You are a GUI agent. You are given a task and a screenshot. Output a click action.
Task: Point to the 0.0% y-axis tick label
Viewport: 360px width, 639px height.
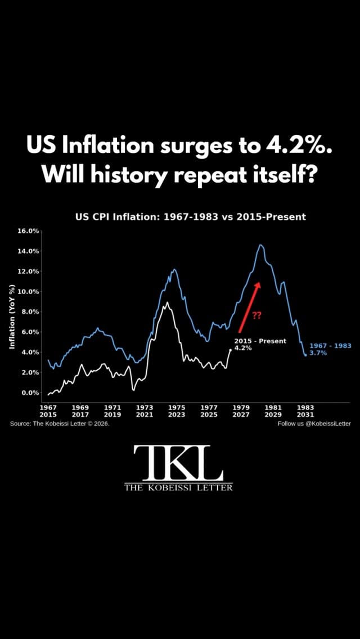click(30, 393)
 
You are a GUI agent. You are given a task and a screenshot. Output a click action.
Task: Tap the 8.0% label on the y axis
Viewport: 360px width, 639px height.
click(30, 312)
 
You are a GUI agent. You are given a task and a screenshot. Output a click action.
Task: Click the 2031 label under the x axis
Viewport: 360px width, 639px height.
click(306, 415)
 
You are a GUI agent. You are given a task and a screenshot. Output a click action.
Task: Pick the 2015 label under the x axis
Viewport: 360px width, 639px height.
click(48, 415)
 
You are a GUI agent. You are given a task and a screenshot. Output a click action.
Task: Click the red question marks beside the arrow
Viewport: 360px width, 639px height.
click(257, 316)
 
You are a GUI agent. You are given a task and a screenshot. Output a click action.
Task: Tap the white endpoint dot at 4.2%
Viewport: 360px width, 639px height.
click(231, 350)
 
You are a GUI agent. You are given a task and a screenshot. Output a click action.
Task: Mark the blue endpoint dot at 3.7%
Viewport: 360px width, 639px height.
click(305, 355)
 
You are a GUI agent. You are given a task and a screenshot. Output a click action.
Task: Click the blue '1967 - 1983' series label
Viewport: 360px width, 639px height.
click(330, 345)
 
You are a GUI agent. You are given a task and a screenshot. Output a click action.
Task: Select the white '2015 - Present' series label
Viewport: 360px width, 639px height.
click(260, 341)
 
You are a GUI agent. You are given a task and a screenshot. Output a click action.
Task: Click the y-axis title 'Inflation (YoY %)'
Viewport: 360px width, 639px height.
click(12, 317)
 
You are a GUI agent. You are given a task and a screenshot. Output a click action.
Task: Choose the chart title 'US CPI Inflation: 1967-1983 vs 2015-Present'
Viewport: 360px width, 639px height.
click(190, 217)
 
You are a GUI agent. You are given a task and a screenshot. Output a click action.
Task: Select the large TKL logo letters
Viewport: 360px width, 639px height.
click(178, 463)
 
